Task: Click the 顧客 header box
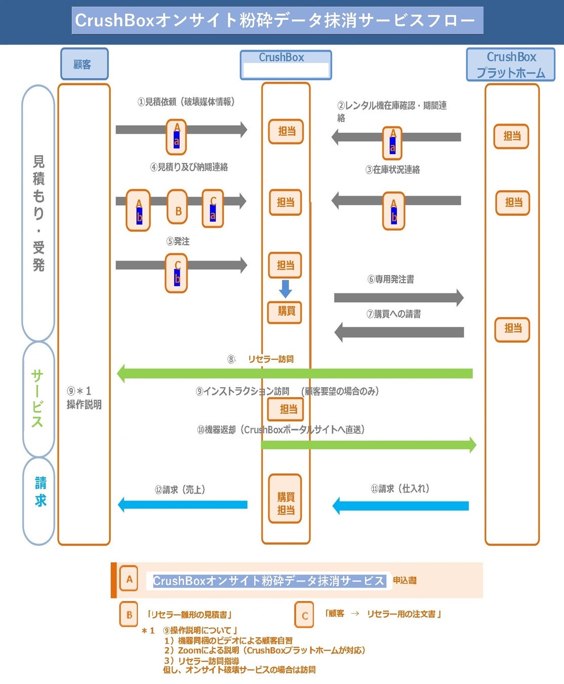click(84, 64)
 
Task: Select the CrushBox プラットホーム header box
click(510, 65)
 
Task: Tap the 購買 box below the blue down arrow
click(285, 312)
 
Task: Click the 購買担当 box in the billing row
click(285, 499)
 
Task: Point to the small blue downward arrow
click(286, 288)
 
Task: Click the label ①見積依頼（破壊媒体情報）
click(186, 102)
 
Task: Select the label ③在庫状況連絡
click(393, 170)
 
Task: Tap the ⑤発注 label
click(178, 241)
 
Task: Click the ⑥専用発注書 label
click(391, 279)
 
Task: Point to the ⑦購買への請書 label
click(394, 314)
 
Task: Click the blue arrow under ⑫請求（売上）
click(183, 505)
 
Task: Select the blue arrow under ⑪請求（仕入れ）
click(400, 506)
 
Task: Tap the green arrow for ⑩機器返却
click(369, 445)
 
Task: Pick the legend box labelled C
click(304, 615)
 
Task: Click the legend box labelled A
click(129, 579)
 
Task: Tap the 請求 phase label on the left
click(39, 491)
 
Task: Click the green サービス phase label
click(37, 399)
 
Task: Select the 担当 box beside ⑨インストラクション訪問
click(286, 409)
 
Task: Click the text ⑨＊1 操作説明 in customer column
click(84, 398)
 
